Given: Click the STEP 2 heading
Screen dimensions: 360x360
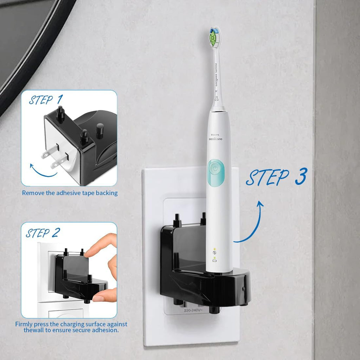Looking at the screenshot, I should (43, 233).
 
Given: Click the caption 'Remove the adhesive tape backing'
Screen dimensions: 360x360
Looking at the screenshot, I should (70, 193).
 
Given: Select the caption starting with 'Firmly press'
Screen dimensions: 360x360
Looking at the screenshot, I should (71, 327).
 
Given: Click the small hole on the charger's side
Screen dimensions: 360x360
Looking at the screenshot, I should (244, 289).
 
